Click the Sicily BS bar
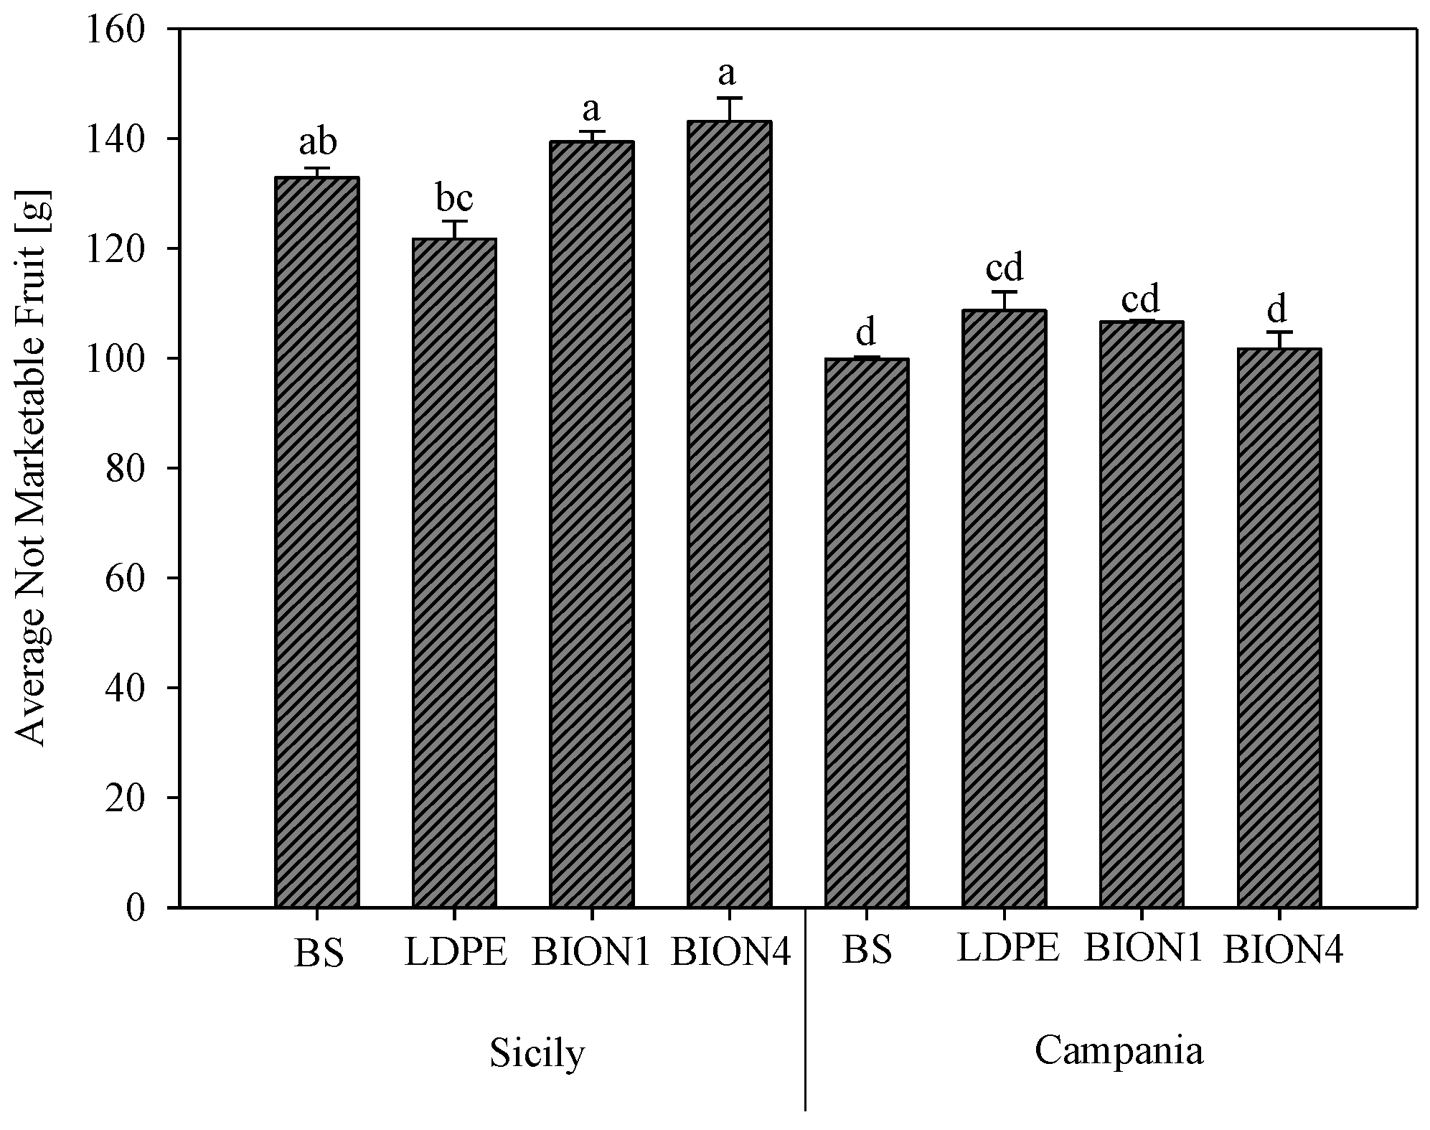pos(316,542)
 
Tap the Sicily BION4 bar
pos(729,514)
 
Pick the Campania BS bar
pos(867,632)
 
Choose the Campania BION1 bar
pos(1141,614)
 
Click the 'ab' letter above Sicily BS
pos(317,142)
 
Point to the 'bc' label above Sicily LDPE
pos(453,198)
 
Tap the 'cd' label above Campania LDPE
pos(1004,268)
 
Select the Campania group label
pos(1118,1051)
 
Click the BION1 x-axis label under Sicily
pos(591,953)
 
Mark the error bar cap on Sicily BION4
pos(729,98)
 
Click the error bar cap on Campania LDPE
pos(1004,292)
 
